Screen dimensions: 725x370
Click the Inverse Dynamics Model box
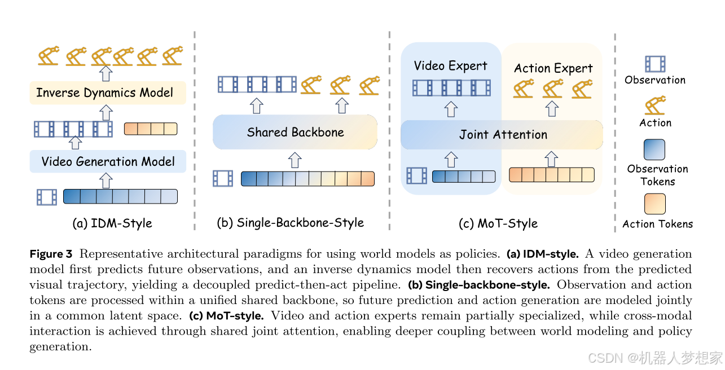pyautogui.click(x=108, y=93)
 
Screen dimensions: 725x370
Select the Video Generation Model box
pyautogui.click(x=108, y=161)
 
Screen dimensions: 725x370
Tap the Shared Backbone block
pyautogui.click(x=295, y=132)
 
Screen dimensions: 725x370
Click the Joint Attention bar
pyautogui.click(x=502, y=135)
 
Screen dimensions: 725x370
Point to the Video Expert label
pyautogui.click(x=450, y=65)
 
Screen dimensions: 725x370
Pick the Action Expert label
pyautogui.click(x=553, y=68)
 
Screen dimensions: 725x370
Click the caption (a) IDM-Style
pyautogui.click(x=112, y=223)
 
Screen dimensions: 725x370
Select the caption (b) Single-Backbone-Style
pyautogui.click(x=291, y=223)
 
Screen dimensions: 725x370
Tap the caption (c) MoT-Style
pyautogui.click(x=498, y=223)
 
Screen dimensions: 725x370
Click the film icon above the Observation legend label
pyautogui.click(x=655, y=64)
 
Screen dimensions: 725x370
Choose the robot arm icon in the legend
pyautogui.click(x=655, y=105)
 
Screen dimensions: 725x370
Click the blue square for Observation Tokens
pyautogui.click(x=654, y=149)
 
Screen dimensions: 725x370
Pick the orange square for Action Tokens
pyautogui.click(x=655, y=204)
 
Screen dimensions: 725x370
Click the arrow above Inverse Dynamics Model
pyautogui.click(x=106, y=73)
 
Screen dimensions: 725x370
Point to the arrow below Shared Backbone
pyautogui.click(x=295, y=160)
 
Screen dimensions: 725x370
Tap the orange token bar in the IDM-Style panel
pyautogui.click(x=151, y=129)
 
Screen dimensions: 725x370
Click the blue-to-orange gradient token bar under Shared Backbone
pyautogui.click(x=308, y=179)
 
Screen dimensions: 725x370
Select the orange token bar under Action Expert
pyautogui.click(x=552, y=175)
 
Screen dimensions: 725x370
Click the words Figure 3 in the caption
pyautogui.click(x=51, y=254)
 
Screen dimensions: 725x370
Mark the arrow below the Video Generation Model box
pyautogui.click(x=106, y=180)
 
